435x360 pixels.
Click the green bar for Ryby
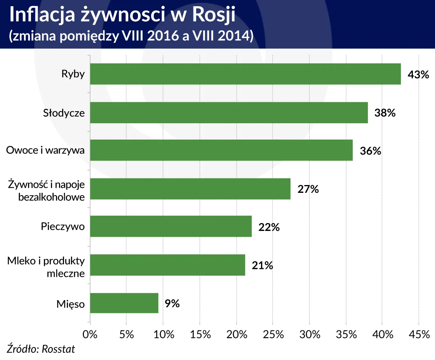coord(245,74)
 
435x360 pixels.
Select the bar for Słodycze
coord(229,113)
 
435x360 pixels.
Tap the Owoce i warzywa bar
coord(221,150)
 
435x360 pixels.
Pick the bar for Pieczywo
coord(171,226)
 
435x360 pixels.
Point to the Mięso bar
coord(124,303)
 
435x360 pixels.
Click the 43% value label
coord(418,74)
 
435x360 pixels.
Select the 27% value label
coord(308,189)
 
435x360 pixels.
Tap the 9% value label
coord(172,303)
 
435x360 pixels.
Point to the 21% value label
coord(263,266)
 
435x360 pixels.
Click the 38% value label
coord(385,113)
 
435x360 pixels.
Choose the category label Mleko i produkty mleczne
coord(46,267)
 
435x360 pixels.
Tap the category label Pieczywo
coord(63,226)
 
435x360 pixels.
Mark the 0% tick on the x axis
coord(90,334)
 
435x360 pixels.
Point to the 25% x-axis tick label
coord(273,334)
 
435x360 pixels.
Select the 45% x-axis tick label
coord(419,334)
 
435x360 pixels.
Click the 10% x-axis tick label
coord(163,334)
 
